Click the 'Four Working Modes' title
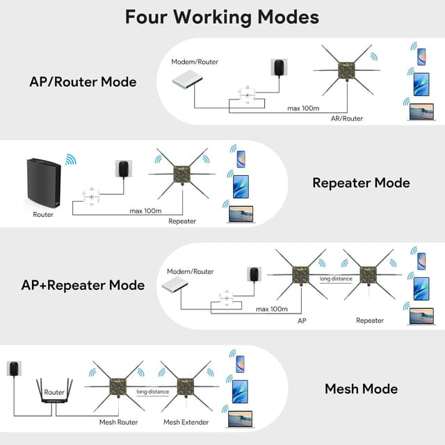click(222, 17)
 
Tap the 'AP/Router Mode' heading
click(83, 82)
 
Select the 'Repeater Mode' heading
click(361, 184)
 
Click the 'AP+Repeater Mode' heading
click(83, 285)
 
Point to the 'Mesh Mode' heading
click(361, 389)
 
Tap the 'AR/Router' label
click(346, 118)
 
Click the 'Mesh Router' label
click(118, 422)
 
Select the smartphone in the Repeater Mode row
click(240, 159)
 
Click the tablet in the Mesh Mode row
click(240, 389)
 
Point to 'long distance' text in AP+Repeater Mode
click(336, 279)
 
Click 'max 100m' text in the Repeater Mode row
click(146, 210)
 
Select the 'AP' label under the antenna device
click(302, 321)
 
